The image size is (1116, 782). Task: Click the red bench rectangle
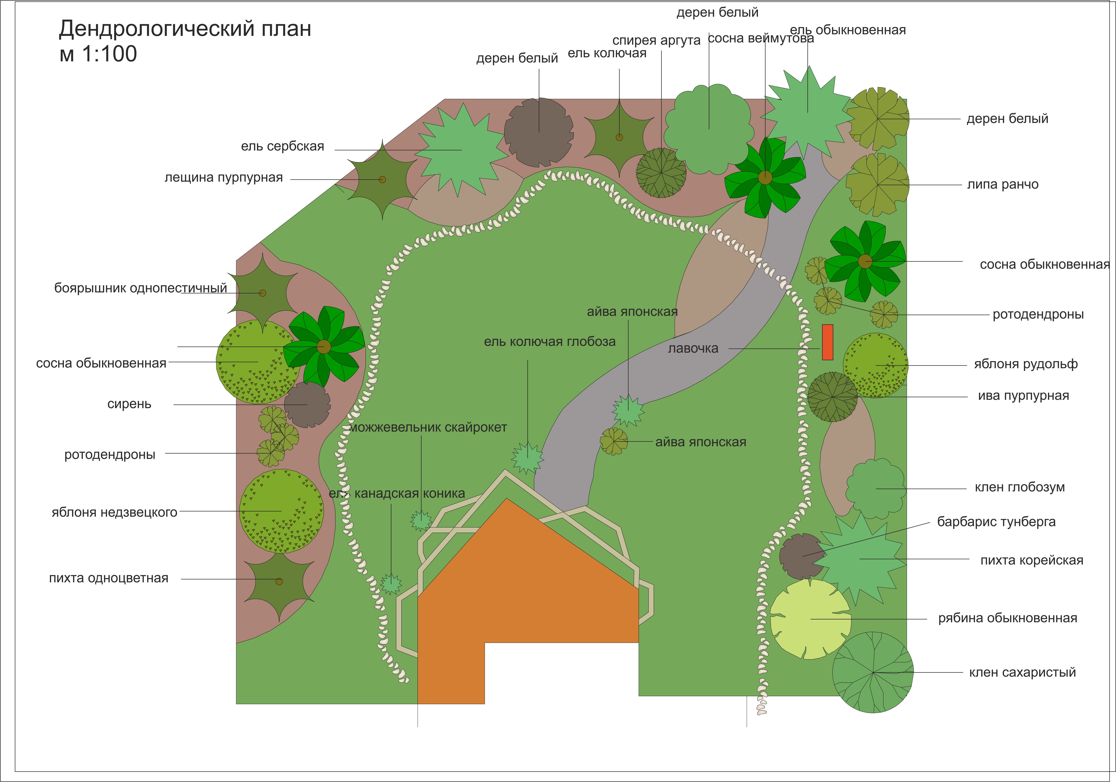point(827,342)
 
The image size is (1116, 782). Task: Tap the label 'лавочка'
point(693,348)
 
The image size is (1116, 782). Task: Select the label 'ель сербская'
point(282,146)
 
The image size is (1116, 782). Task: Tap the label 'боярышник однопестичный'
point(140,288)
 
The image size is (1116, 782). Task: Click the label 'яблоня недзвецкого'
point(114,512)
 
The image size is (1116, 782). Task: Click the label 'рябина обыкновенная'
point(1008,618)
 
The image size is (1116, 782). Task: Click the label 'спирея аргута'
point(656,40)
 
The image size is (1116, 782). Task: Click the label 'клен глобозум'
point(1020,487)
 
